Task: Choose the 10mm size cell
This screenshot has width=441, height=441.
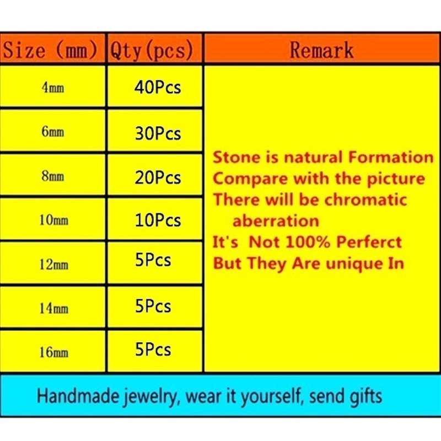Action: pos(53,219)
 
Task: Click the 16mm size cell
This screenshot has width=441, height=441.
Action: pos(53,352)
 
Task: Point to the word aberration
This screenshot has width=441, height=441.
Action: pos(276,221)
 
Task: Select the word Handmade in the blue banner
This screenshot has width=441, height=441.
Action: pos(78,396)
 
